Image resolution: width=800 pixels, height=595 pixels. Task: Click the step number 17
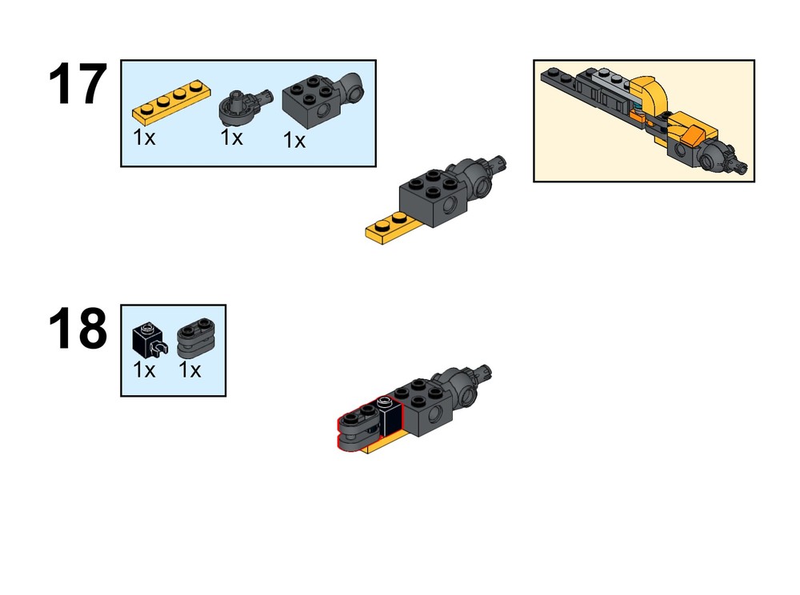78,84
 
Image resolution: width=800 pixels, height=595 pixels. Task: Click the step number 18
78,329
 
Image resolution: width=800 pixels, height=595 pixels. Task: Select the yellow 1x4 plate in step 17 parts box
172,102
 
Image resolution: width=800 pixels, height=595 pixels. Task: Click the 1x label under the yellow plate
144,137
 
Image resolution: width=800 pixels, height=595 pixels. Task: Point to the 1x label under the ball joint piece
232,137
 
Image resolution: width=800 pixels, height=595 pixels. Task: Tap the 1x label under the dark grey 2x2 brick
294,140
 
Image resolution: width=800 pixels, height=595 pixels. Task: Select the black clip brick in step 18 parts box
149,340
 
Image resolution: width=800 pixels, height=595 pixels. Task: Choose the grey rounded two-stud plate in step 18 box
196,337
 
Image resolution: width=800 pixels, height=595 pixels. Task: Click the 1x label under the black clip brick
144,369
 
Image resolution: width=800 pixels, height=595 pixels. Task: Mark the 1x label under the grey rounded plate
190,369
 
